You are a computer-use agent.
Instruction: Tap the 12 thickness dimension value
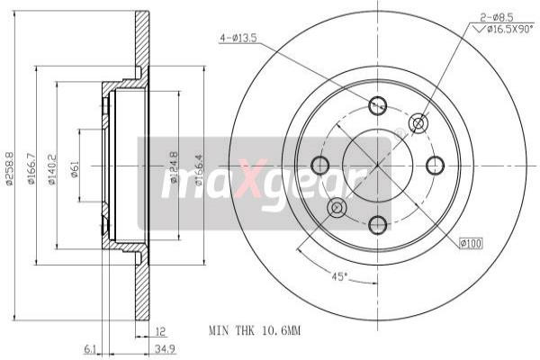click(x=161, y=330)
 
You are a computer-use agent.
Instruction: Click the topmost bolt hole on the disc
click(x=378, y=105)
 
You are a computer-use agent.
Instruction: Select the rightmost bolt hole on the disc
click(x=436, y=165)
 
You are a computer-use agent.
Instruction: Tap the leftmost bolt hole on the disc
click(x=319, y=165)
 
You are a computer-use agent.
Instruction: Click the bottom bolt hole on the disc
click(x=378, y=223)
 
